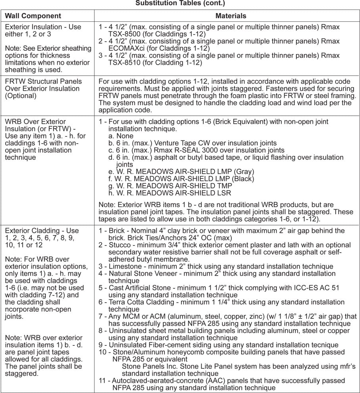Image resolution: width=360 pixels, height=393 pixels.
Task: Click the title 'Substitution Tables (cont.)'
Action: coord(180,3)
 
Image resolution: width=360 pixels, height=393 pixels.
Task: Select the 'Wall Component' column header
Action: coord(33,16)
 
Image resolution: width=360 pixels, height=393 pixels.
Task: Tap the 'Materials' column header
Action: coord(231,16)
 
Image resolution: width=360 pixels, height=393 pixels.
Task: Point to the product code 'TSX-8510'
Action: coord(125,63)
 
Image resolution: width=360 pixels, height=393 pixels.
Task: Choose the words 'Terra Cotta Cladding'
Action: coord(143,302)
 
